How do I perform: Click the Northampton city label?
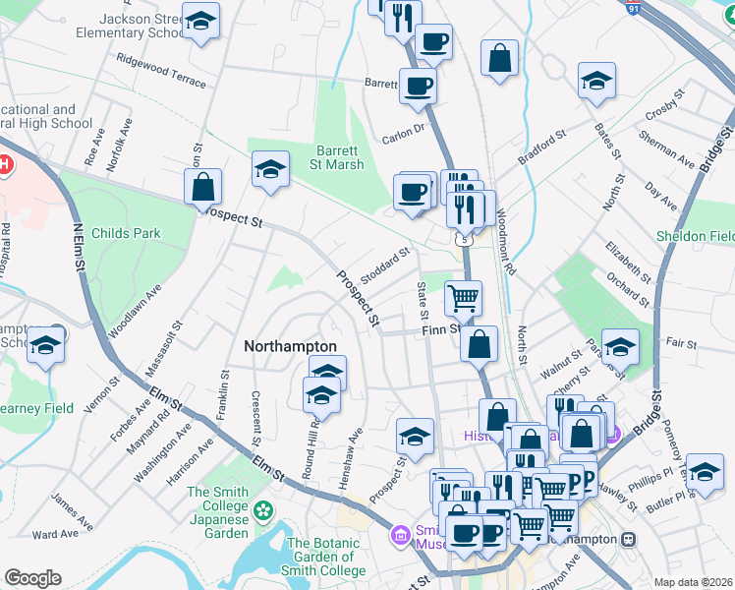pos(290,346)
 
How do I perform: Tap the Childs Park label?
pos(126,233)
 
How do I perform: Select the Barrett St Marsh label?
pos(340,157)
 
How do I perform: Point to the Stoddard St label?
pos(384,265)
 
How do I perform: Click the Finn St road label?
pos(441,329)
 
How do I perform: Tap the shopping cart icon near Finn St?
pos(463,296)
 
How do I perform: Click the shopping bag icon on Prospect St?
pos(202,187)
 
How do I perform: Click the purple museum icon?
pos(400,536)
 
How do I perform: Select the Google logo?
pos(32,578)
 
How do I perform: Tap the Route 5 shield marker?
pos(463,239)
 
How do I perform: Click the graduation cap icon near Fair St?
pos(620,346)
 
